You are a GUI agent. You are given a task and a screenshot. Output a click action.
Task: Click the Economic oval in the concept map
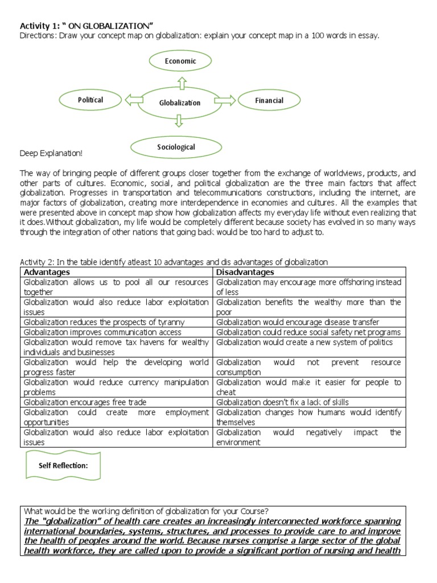[x=180, y=61]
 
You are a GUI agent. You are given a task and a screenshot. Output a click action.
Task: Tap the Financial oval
[x=269, y=101]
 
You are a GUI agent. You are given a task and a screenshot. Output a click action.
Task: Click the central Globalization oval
[x=179, y=102]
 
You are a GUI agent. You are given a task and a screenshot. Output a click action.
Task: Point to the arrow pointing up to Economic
[x=182, y=84]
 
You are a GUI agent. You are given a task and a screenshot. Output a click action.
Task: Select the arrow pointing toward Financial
[x=225, y=101]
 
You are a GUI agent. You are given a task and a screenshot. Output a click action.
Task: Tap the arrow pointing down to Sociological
[x=179, y=121]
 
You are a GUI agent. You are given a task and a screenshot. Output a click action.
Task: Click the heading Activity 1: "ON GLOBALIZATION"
[x=87, y=25]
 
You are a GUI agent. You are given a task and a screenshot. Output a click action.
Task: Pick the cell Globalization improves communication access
[x=102, y=332]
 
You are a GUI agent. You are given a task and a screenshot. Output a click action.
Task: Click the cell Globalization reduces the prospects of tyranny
[x=104, y=322]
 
